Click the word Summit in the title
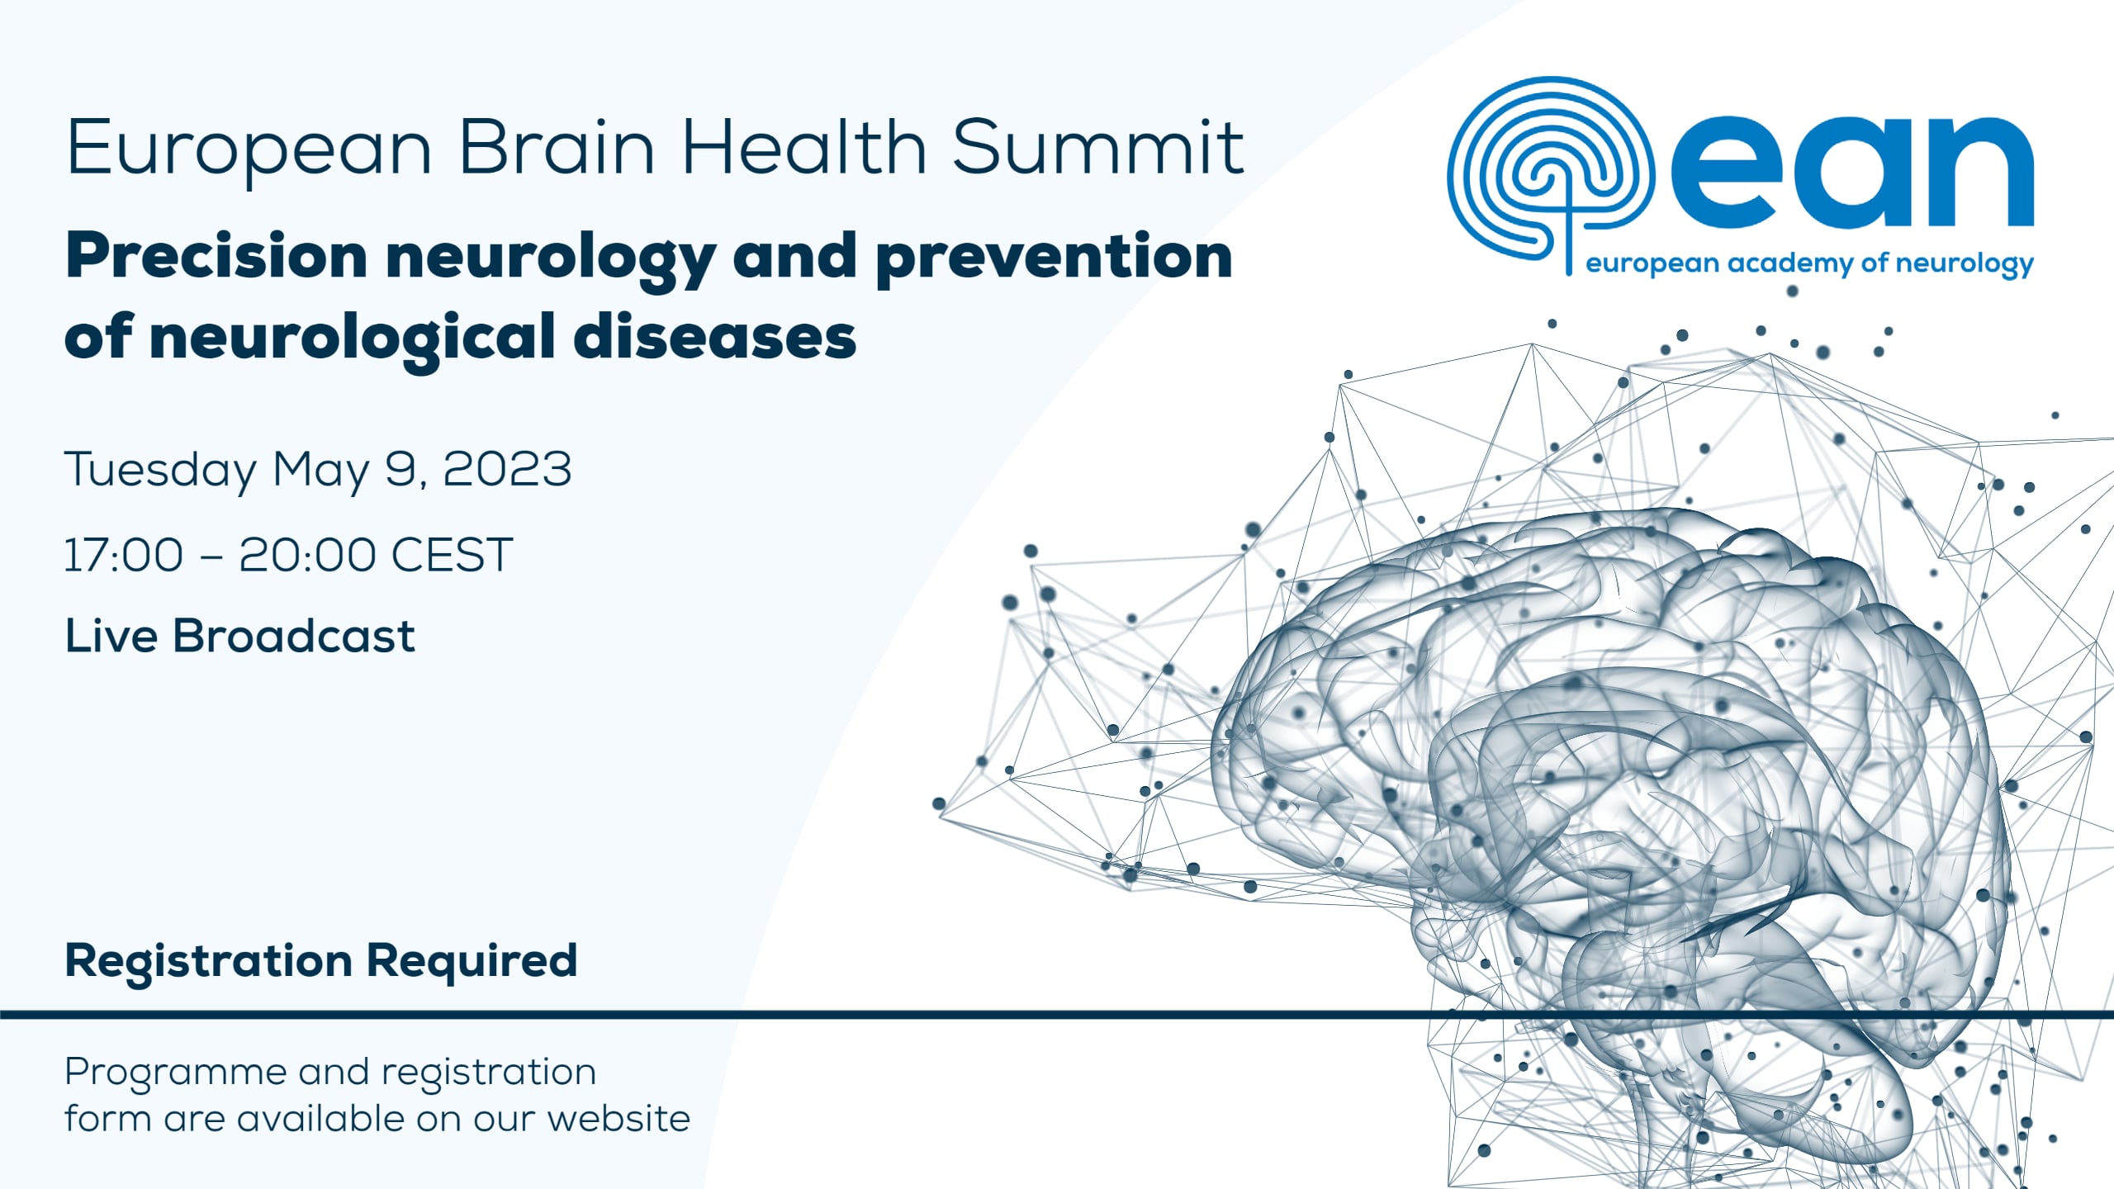1097,149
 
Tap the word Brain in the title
557,149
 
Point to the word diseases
714,338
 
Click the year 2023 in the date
507,469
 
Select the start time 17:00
124,555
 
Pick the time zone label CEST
452,555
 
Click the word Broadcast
293,637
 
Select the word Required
472,960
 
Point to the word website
619,1119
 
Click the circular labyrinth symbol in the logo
1550,169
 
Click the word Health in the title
803,149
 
